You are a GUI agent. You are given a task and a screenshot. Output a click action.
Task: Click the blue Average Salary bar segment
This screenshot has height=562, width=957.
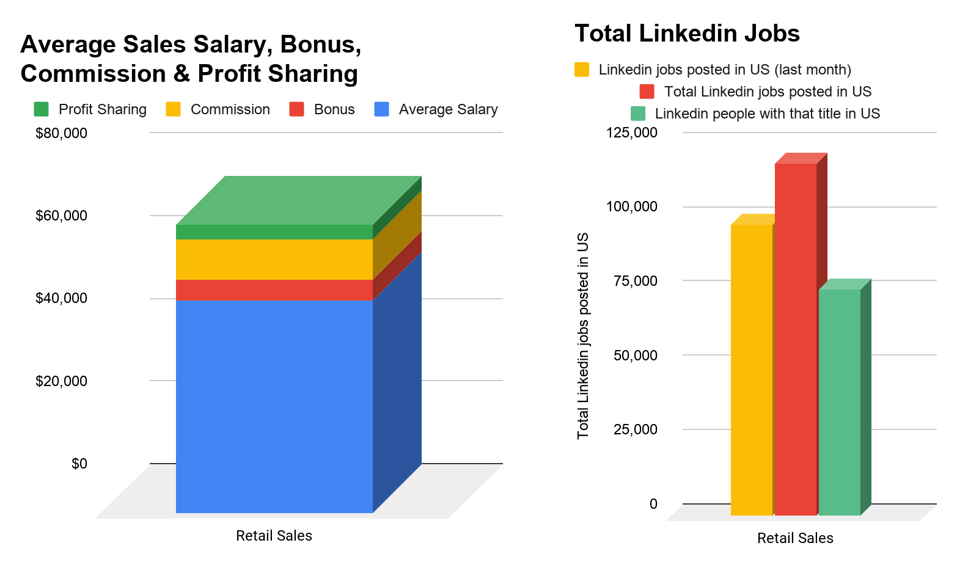coord(274,406)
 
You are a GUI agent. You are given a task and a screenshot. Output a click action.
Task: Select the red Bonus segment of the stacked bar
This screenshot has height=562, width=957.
coord(274,290)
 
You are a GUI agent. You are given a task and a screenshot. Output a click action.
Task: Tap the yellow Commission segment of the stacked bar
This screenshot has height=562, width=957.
coord(274,259)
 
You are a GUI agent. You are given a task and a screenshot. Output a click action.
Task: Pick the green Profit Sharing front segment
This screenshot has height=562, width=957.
coord(274,232)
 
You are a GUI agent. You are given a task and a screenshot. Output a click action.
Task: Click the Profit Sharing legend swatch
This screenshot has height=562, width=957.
coord(42,109)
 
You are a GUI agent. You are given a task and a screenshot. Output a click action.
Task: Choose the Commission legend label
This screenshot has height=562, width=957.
coord(230,109)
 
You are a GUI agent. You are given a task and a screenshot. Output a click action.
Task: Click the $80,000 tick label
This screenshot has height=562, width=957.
coord(61,133)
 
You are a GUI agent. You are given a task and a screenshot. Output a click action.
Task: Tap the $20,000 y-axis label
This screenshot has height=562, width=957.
coord(61,381)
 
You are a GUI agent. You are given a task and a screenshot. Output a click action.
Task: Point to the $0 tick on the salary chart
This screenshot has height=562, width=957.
coord(79,464)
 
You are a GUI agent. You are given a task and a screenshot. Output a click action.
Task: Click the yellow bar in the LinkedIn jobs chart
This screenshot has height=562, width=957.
coord(751,370)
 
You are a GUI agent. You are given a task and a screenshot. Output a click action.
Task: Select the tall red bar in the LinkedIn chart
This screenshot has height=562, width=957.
coord(796,339)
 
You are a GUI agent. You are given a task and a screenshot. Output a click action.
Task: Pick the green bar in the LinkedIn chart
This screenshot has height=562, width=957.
coord(839,402)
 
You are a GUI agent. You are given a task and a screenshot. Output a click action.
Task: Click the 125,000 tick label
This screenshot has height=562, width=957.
coord(632,133)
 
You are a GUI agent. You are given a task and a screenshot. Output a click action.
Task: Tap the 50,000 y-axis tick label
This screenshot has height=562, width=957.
coord(636,355)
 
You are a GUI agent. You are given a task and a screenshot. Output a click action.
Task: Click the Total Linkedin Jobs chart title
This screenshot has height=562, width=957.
coord(687,34)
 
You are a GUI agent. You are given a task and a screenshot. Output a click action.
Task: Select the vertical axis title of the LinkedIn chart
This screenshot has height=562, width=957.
coord(583,336)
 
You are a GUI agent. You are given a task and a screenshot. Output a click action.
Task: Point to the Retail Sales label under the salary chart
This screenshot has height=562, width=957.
coord(274,536)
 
